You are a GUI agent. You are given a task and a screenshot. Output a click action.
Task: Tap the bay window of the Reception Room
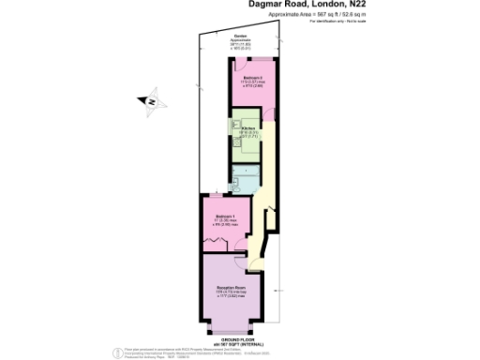pyautogui.click(x=229, y=328)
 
